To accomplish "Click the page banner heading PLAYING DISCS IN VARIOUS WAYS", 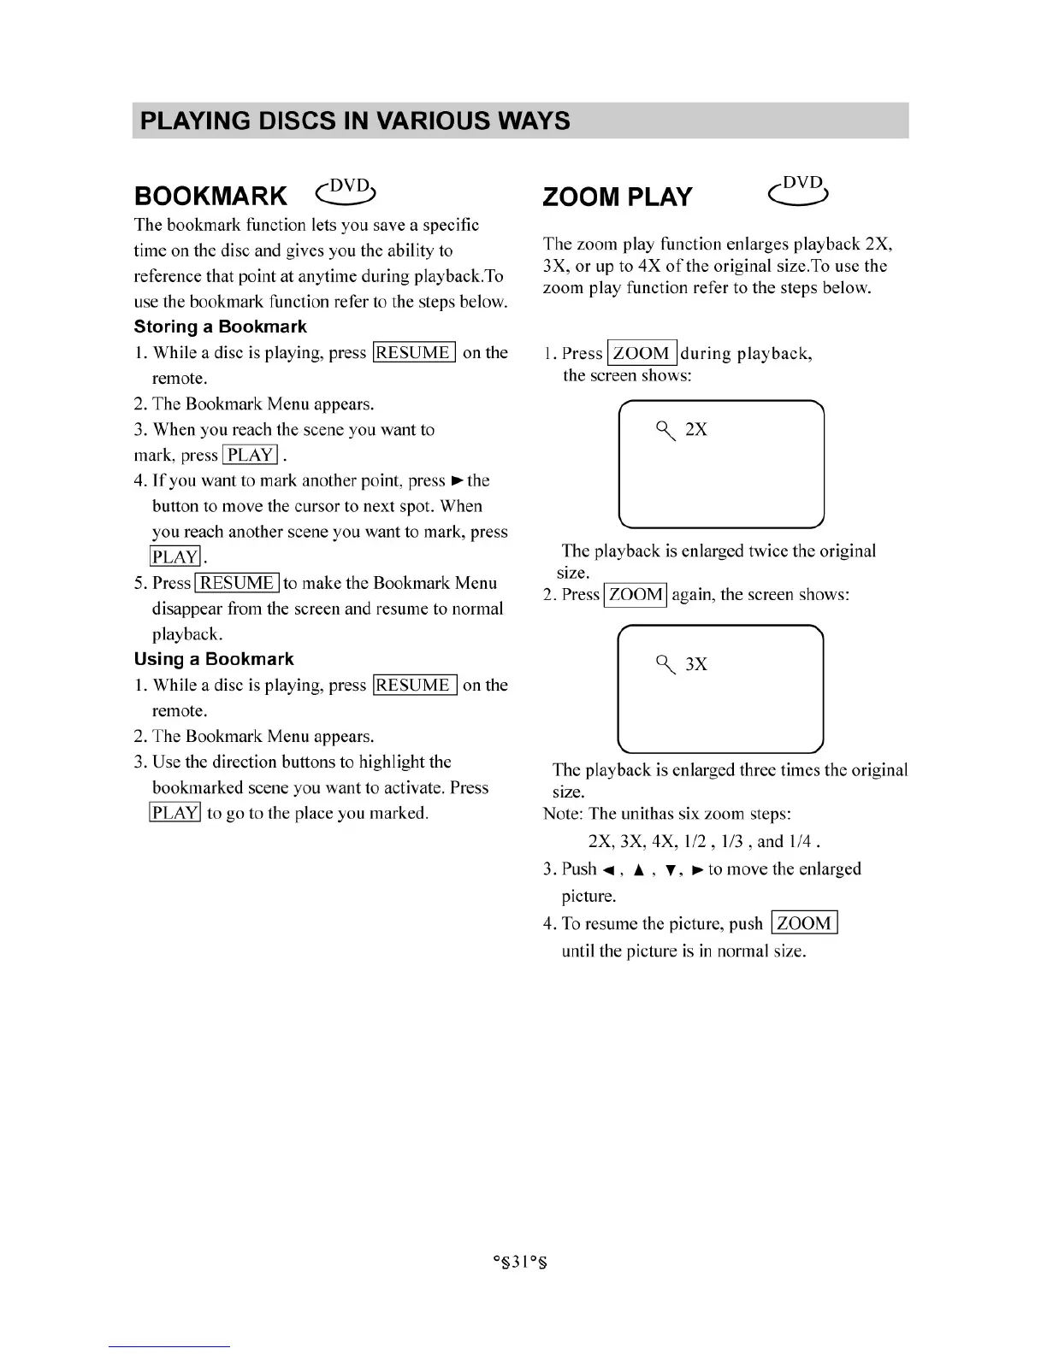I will pos(354,121).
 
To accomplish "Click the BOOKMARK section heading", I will pos(210,196).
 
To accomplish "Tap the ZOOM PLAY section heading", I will pos(617,197).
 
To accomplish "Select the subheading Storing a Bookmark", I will pos(220,327).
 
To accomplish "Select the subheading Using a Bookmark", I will pos(214,659).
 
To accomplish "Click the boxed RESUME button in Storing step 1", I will pos(414,352).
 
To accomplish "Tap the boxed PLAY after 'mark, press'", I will pos(250,455).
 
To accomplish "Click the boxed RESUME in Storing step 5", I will pos(238,583).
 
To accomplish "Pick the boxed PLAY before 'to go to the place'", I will pos(175,813).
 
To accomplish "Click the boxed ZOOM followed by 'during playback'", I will pos(642,353).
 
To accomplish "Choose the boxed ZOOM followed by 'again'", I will pos(636,595).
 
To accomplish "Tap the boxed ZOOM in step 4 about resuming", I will pos(804,923).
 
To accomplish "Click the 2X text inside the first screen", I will pos(696,430).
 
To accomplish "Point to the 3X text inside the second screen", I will pos(696,665).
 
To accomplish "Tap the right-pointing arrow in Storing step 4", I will pos(458,480).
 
